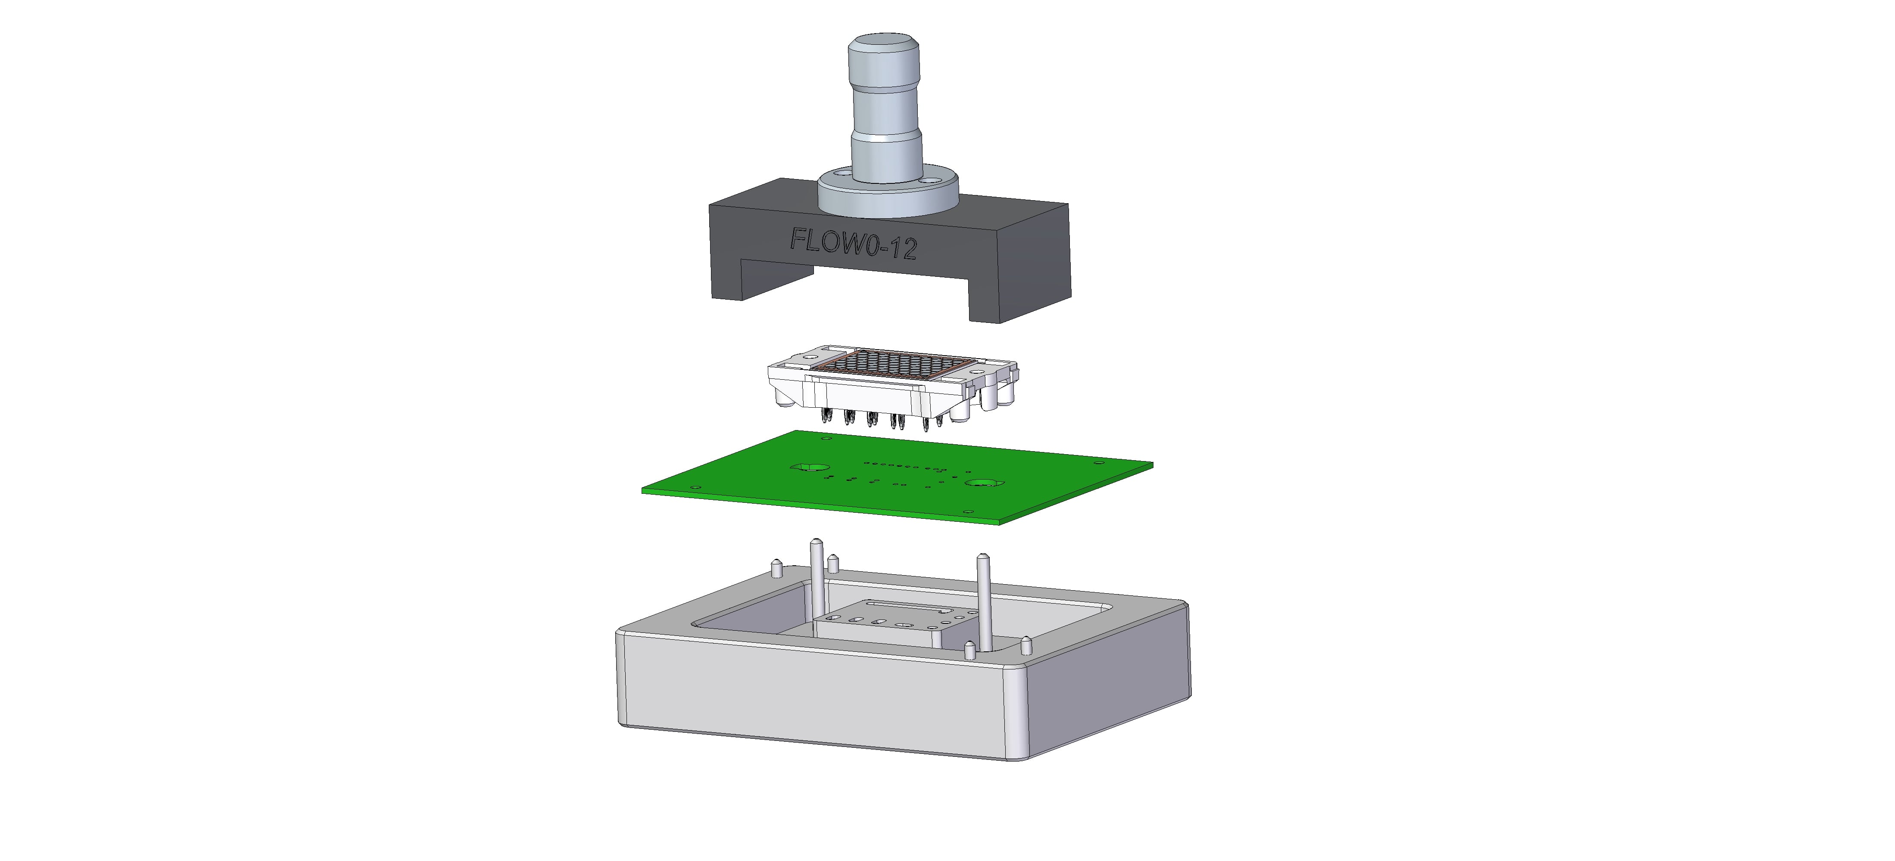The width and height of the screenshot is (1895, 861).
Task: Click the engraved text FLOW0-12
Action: [853, 243]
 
